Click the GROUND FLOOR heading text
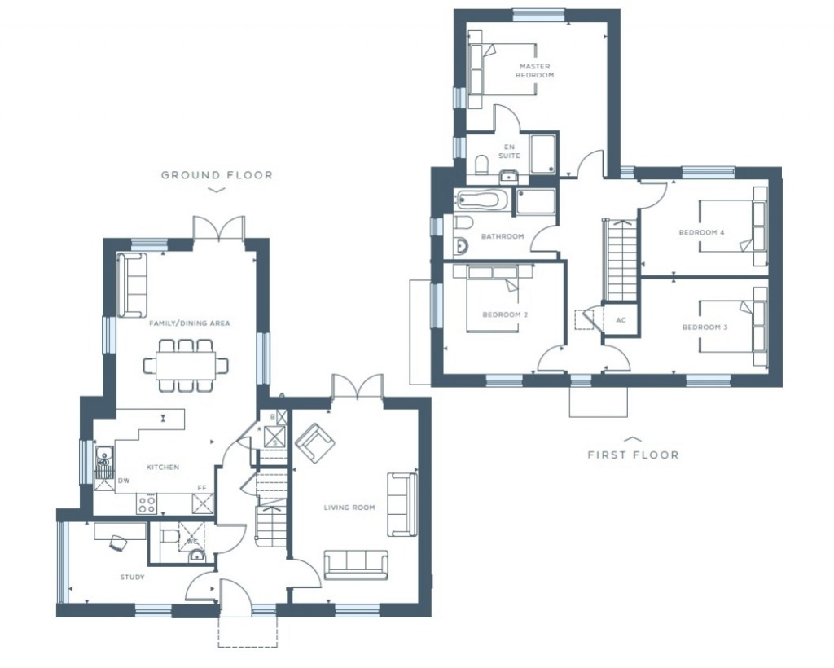[217, 175]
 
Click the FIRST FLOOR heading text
[633, 455]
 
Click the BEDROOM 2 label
[501, 315]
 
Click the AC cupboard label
[621, 320]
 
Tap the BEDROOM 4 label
[702, 233]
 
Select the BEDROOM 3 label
[705, 327]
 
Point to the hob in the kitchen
[147, 504]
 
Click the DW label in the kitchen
[124, 481]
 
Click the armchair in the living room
[314, 444]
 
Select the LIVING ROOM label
[349, 508]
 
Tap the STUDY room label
[132, 578]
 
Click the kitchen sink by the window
[103, 464]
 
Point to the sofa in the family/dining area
[132, 285]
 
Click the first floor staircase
[621, 259]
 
